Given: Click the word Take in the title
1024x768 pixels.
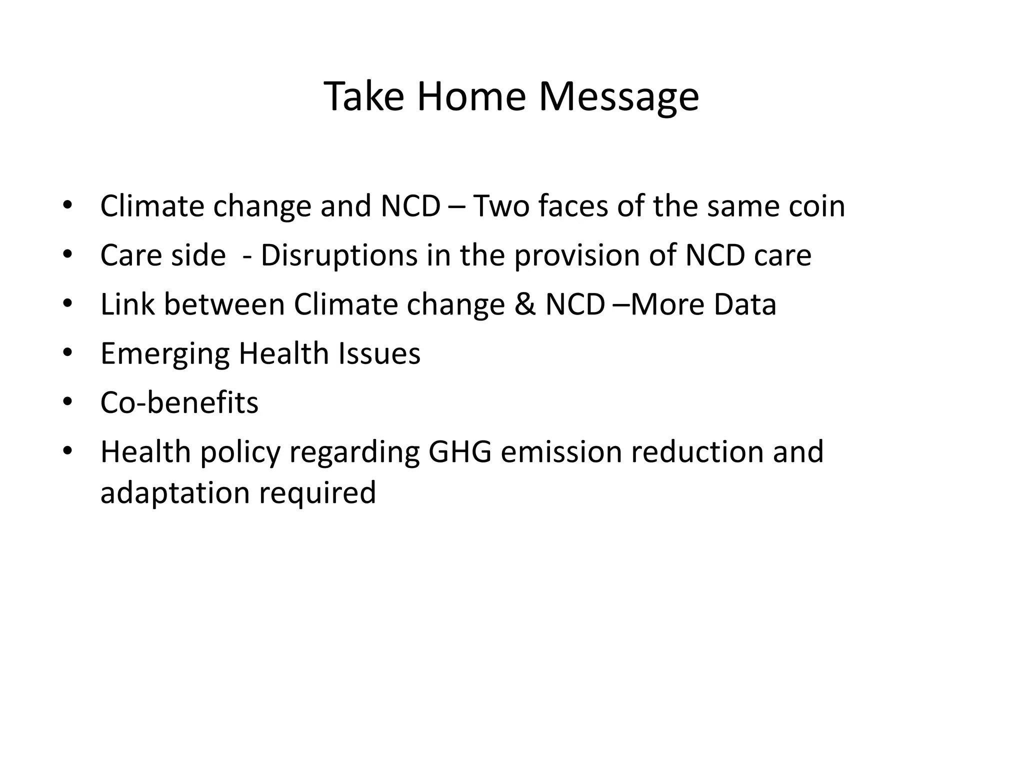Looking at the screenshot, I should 364,96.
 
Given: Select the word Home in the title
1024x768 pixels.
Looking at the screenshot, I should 471,96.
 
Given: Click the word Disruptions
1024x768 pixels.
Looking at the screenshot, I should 338,255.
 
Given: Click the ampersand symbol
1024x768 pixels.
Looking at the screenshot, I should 524,304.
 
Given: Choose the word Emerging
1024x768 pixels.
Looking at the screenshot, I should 165,354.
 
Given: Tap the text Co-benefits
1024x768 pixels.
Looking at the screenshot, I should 179,403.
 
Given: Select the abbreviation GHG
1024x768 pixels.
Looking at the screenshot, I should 459,452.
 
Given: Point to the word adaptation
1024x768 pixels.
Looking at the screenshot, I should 174,493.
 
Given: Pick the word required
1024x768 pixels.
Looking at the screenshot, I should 317,493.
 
